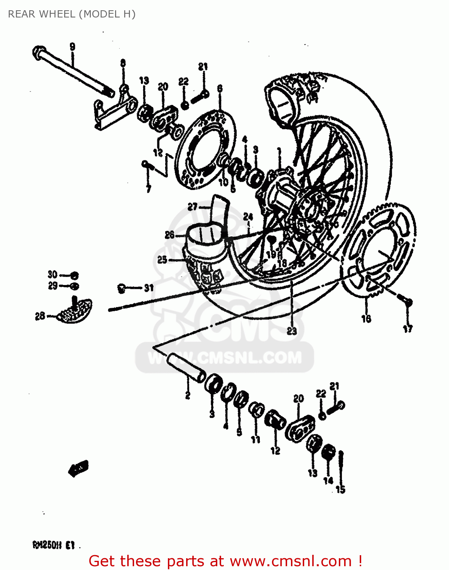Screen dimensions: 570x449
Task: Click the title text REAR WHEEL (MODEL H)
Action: [71, 14]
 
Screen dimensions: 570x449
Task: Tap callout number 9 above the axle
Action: [72, 47]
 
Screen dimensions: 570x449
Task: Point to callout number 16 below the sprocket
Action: [366, 318]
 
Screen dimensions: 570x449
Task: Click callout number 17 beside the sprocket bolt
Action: [408, 329]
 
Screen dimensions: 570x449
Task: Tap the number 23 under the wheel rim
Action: [292, 331]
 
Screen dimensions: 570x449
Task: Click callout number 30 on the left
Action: [52, 274]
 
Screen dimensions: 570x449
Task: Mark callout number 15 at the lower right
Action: [340, 489]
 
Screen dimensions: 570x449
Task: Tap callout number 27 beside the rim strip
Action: [193, 207]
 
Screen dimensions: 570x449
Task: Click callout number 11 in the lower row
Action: [255, 439]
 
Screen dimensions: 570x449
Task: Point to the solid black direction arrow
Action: [79, 468]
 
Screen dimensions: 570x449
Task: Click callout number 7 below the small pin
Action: [149, 188]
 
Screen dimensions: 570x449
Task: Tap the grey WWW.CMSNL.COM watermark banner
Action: [225, 358]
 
